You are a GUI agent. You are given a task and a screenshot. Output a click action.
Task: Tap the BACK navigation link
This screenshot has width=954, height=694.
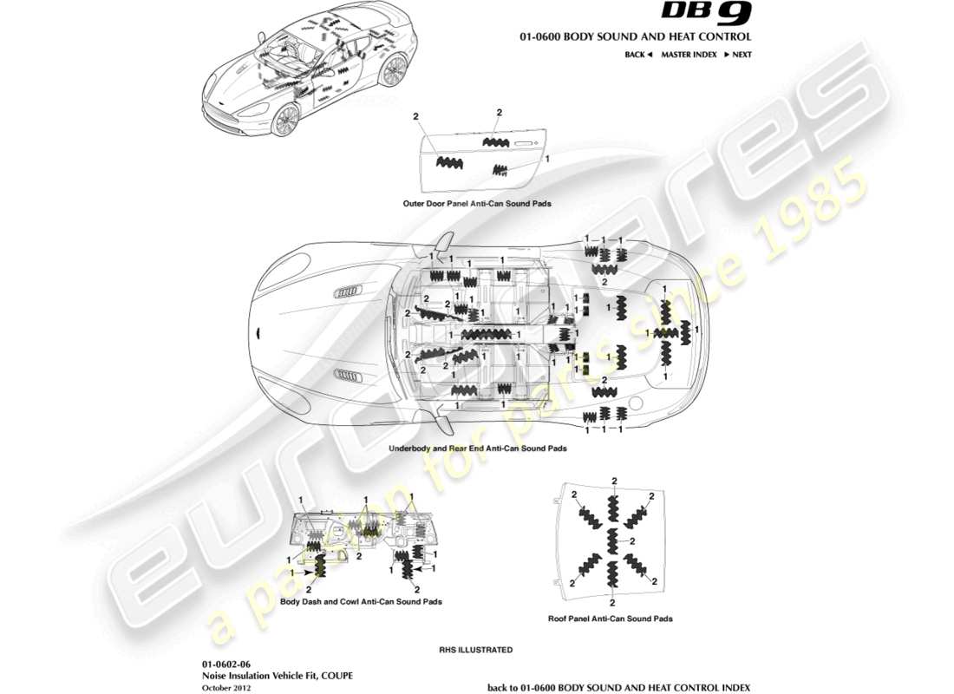tap(637, 55)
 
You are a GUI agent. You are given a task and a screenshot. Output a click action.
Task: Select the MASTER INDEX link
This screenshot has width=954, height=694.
tap(689, 55)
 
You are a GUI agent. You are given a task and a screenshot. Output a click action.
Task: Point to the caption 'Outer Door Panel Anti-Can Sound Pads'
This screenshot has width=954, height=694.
tap(477, 204)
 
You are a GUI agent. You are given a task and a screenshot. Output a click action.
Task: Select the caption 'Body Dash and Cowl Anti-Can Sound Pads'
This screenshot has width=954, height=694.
tap(362, 601)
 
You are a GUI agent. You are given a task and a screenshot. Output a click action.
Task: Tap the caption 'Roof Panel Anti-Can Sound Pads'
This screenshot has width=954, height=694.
tap(611, 619)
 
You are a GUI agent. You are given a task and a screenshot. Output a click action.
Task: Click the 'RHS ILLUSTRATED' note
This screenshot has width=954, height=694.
tap(476, 650)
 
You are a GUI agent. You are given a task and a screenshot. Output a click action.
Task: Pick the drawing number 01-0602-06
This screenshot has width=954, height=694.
tap(225, 664)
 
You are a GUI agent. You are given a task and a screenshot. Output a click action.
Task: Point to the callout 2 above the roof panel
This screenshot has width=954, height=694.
tap(613, 481)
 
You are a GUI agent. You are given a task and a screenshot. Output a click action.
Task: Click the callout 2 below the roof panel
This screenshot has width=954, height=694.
tap(613, 602)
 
